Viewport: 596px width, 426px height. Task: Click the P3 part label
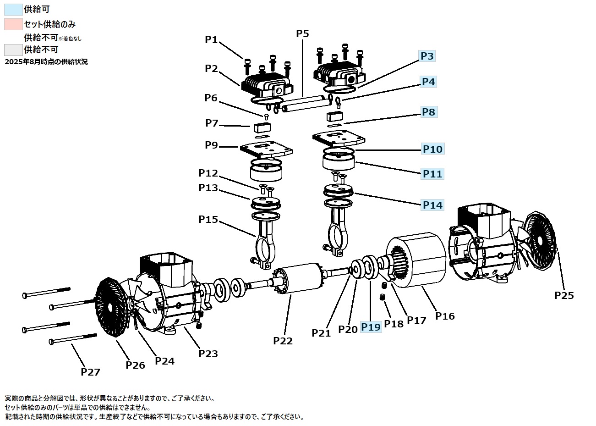(427, 56)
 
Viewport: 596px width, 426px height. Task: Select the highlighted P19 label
(371, 326)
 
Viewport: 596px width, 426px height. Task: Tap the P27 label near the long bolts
(90, 371)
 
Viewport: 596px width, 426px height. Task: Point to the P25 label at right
(564, 295)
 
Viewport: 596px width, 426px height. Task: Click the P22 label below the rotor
(283, 341)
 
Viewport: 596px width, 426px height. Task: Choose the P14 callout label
(432, 205)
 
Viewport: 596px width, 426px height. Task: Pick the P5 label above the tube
(302, 33)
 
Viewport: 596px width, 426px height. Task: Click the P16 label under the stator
(445, 315)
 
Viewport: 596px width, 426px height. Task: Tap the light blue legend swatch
(13, 10)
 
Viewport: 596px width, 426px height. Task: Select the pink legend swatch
(13, 24)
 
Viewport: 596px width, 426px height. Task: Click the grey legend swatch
(13, 50)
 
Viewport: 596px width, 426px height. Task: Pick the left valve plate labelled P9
(266, 148)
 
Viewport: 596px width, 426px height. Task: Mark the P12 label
(208, 173)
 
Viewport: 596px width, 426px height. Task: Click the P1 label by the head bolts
(211, 40)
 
